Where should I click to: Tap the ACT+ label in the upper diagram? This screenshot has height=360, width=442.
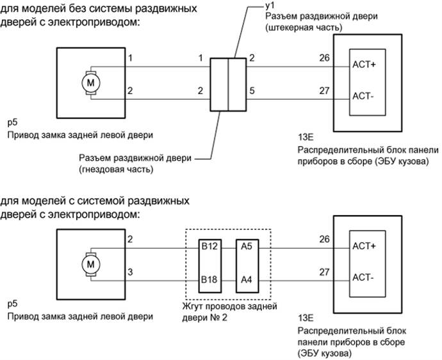tap(364, 65)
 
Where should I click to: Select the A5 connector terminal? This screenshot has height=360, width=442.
tap(245, 246)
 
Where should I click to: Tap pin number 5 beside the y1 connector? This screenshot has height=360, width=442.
tap(252, 91)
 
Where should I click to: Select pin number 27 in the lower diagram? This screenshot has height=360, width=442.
tap(324, 272)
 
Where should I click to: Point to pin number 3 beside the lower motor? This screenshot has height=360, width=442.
tap(131, 272)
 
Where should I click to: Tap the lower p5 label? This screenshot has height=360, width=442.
tap(12, 305)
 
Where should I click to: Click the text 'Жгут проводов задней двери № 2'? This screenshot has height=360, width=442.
tap(231, 311)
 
